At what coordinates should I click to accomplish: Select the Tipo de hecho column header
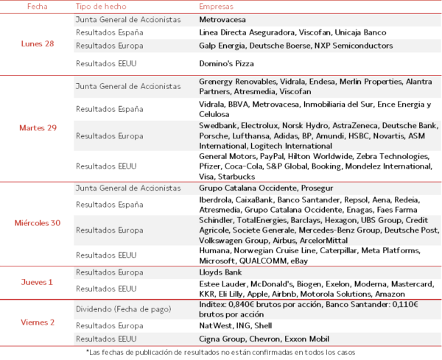(x=101, y=6)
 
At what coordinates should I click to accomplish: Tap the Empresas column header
(x=217, y=6)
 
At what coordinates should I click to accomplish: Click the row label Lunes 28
(x=36, y=44)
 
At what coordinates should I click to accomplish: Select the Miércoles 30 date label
(x=38, y=223)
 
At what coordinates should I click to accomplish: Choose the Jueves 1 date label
(x=36, y=282)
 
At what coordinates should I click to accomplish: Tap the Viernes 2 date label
(x=36, y=322)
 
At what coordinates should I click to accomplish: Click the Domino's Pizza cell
(x=226, y=63)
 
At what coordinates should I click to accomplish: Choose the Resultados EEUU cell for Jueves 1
(x=106, y=288)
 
